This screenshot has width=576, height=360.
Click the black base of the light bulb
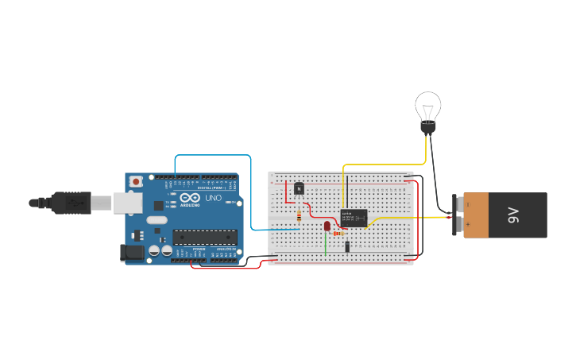point(428,128)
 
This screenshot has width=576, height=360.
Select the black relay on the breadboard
point(354,217)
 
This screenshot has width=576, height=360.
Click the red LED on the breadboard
point(327,226)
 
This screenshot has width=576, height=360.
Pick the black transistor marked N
point(299,188)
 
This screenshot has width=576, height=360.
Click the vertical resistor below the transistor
point(299,215)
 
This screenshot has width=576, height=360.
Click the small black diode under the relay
point(348,246)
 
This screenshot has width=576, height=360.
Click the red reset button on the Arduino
point(136,181)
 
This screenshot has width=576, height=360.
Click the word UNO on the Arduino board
point(213,198)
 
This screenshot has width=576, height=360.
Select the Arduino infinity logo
point(190,197)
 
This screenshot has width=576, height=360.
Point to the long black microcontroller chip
point(205,236)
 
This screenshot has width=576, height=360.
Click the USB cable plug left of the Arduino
point(75,203)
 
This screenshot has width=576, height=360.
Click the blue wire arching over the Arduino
point(213,155)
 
